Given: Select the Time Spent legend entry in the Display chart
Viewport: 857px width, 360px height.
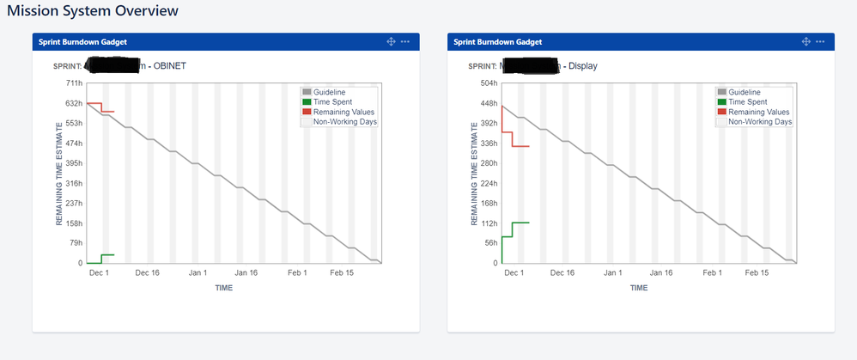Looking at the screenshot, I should pos(747,102).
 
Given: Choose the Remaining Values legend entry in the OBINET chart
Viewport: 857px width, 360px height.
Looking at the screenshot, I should pos(343,112).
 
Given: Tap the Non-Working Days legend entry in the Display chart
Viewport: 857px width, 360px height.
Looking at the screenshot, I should pos(760,122).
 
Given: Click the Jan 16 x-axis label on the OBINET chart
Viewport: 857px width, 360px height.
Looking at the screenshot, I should pos(246,272).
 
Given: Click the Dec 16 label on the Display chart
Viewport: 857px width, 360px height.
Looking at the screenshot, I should pos(562,272).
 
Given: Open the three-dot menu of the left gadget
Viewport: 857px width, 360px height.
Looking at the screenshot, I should pos(405,41).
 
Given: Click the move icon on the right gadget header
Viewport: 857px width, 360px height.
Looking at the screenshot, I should pos(805,41).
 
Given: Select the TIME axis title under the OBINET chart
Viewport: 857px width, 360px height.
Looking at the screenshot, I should pos(222,288).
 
